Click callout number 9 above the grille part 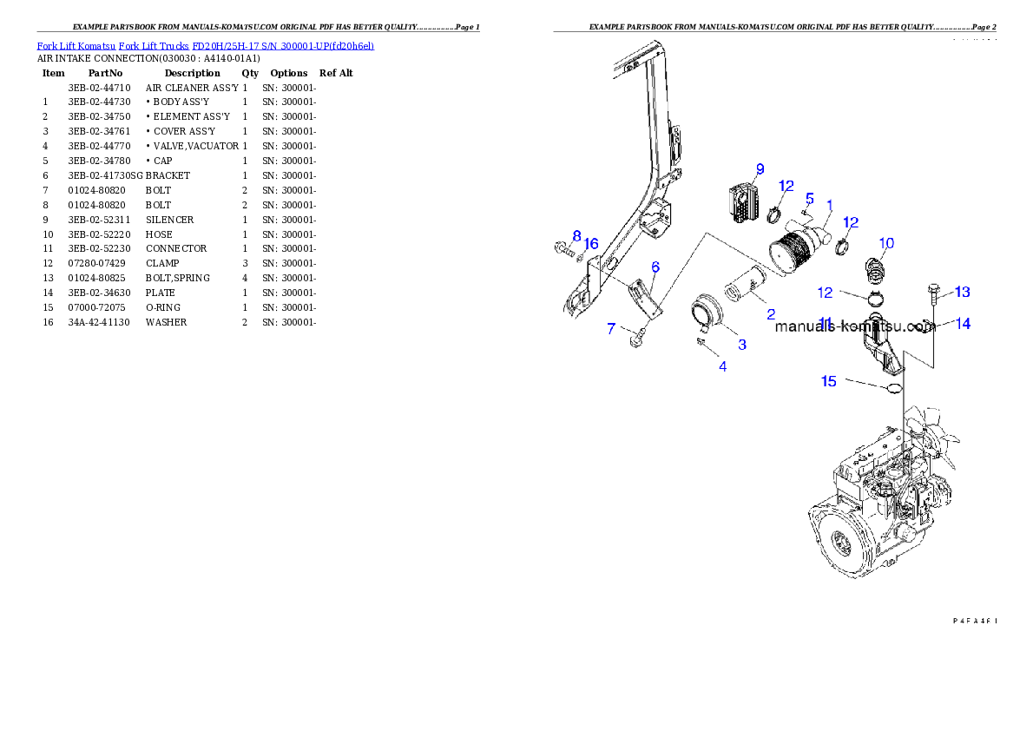760,168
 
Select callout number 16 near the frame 591,244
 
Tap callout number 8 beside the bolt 576,236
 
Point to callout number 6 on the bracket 655,267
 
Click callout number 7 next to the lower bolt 611,329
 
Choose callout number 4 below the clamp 722,366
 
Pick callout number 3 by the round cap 742,345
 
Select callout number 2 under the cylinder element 770,313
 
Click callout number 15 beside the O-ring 829,381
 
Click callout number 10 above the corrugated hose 886,243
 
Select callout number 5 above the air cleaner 809,199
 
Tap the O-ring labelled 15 892,387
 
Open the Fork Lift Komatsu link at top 76,45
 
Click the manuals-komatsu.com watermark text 854,327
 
